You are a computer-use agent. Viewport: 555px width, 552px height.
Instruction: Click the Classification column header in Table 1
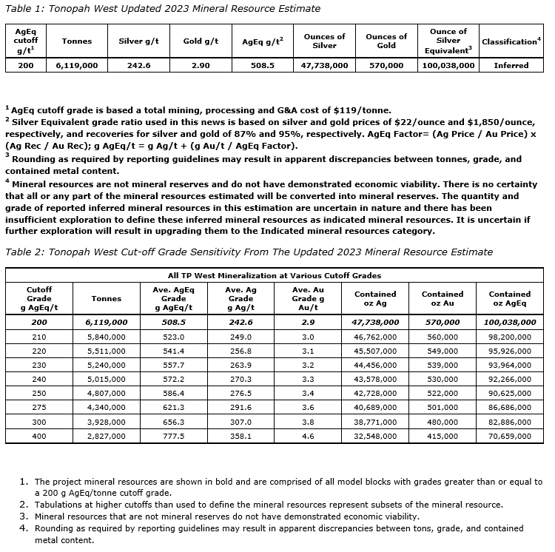point(511,41)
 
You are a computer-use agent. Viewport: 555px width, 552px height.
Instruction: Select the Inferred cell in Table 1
point(511,65)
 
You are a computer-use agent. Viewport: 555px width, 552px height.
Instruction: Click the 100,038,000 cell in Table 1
point(448,65)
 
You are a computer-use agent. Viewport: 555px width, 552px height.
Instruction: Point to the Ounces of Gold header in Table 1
point(386,41)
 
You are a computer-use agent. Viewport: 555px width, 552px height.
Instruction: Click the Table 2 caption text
point(249,252)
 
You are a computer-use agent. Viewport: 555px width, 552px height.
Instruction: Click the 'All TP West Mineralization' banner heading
point(273,275)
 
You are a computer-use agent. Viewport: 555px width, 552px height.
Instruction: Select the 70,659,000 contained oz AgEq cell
point(510,437)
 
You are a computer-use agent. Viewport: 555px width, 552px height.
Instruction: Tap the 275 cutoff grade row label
point(38,406)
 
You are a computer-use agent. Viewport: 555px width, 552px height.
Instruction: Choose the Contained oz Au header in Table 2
point(443,298)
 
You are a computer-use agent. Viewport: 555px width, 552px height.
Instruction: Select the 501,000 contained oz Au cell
point(443,406)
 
